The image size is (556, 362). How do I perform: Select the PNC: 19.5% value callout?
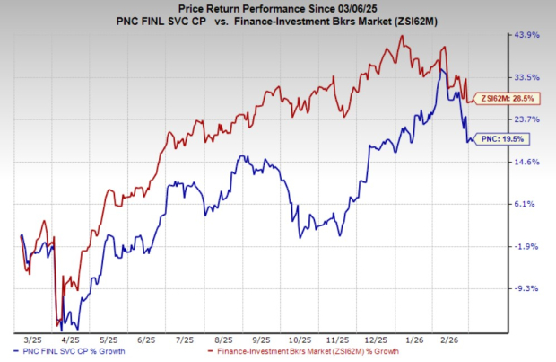(504, 138)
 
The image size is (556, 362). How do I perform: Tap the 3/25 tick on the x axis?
(33, 340)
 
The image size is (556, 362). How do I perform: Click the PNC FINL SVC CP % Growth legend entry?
(73, 355)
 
